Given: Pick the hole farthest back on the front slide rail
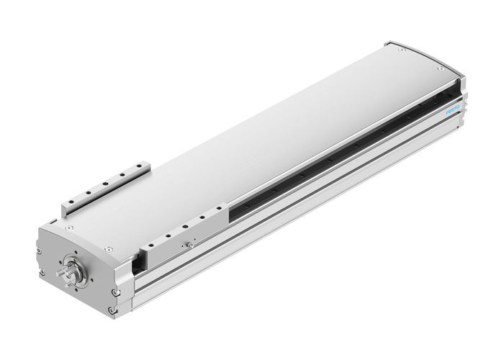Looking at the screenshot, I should (215, 213).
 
